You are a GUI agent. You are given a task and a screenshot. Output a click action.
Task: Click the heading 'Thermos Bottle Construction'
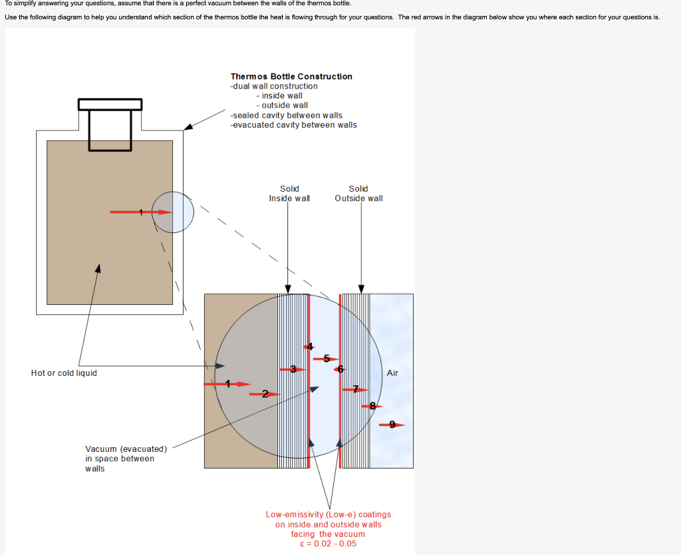point(291,77)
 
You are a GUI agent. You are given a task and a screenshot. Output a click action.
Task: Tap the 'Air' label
point(392,373)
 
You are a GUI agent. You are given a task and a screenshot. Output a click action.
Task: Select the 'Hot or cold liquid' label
point(64,373)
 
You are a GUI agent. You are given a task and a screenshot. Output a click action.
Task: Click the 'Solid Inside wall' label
point(289,194)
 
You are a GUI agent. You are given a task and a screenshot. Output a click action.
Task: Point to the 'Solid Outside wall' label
point(358,194)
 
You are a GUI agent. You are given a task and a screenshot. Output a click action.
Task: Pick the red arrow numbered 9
point(392,425)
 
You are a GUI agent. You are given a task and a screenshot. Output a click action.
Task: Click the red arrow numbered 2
point(265,394)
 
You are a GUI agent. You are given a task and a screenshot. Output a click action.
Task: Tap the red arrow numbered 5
point(326,359)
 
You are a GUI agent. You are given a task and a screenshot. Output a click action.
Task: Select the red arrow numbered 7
point(355,389)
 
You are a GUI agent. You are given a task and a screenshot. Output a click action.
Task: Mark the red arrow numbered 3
point(293,369)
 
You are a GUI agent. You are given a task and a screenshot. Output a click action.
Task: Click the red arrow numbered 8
point(372,405)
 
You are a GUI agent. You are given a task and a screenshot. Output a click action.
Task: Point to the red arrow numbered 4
point(309,346)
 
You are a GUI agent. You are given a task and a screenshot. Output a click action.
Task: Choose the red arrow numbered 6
point(340,369)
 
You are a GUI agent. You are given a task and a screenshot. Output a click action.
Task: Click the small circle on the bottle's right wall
point(173,212)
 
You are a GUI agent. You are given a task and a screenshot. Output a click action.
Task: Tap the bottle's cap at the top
point(110,105)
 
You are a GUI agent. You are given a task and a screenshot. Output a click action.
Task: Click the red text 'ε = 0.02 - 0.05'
point(329,544)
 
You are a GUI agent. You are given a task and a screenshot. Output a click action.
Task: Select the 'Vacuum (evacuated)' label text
point(126,449)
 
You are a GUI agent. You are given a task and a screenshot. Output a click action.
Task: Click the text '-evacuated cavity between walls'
point(293,125)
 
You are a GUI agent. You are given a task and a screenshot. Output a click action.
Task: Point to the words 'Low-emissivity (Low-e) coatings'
point(329,514)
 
